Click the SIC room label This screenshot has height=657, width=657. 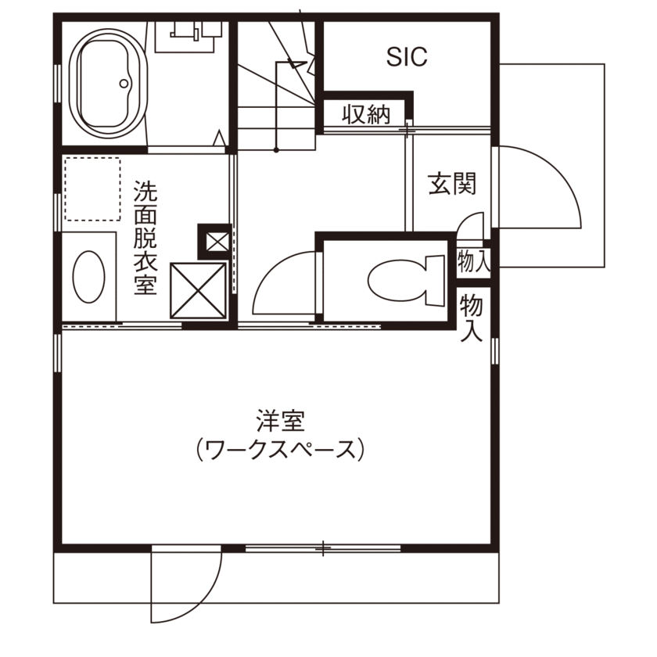tap(407, 56)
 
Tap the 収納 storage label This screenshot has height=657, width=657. tap(366, 115)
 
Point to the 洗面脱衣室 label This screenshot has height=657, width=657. tap(145, 238)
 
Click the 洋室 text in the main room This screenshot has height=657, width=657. tap(279, 422)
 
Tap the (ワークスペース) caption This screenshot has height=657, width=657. tap(279, 451)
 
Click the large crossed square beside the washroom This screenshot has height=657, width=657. tap(198, 289)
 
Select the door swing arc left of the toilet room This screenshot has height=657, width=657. tap(282, 282)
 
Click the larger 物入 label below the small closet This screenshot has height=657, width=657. tap(472, 317)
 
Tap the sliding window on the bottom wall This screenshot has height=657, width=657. tap(322, 548)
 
